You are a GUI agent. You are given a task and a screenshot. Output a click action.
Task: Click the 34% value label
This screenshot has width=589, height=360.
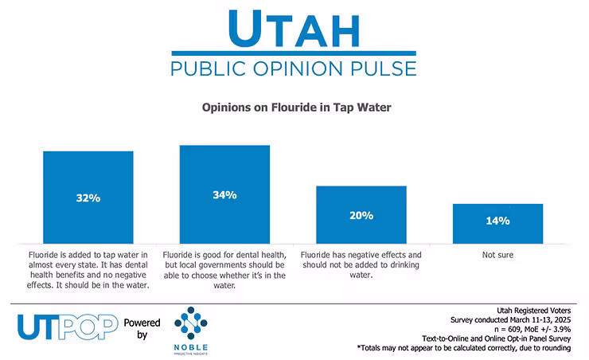[x=225, y=194]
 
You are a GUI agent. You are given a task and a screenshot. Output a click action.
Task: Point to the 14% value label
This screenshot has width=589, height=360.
[x=497, y=221]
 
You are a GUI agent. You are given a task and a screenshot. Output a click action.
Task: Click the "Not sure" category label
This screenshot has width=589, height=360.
[x=497, y=255]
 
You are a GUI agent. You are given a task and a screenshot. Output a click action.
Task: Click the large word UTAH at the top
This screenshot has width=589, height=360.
[x=295, y=29]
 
